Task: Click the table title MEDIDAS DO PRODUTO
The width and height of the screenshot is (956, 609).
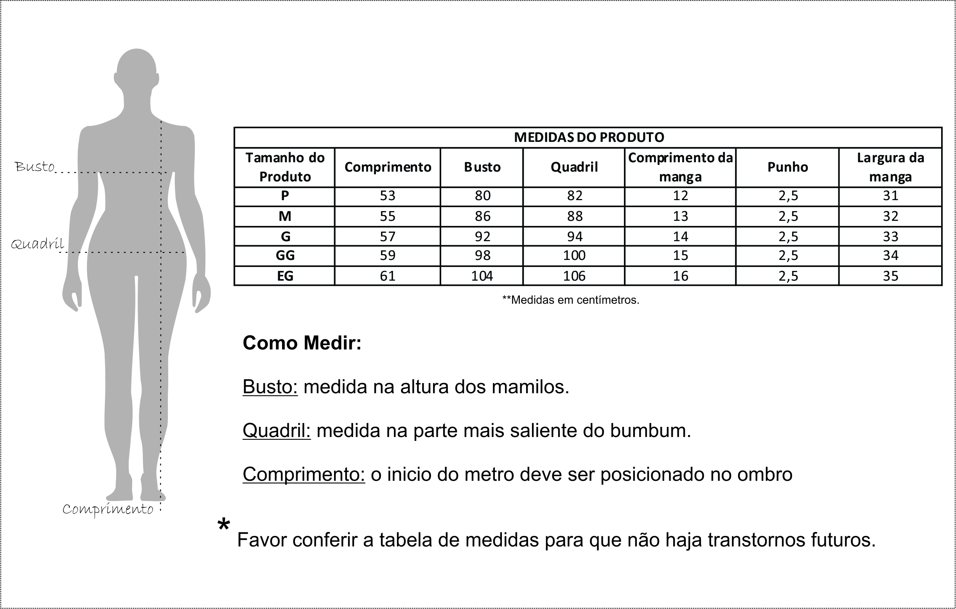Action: [589, 137]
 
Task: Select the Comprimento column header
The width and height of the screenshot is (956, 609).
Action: [388, 167]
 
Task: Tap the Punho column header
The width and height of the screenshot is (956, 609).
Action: [788, 167]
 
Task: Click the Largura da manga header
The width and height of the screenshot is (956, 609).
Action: [891, 167]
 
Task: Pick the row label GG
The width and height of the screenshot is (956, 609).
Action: [285, 255]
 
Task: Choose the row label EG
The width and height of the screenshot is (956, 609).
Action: [285, 276]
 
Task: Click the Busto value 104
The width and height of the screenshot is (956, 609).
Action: [482, 276]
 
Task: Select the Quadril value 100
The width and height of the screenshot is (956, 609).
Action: [574, 255]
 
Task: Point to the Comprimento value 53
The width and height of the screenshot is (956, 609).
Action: [388, 195]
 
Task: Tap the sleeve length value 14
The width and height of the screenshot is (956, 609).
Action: [681, 236]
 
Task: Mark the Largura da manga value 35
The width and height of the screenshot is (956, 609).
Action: [891, 276]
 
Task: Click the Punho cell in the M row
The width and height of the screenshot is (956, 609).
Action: [788, 216]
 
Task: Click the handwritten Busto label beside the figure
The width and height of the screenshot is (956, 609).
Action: [34, 167]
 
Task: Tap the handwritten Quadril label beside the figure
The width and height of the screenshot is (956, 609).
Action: [37, 244]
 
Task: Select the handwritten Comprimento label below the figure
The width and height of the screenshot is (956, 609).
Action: [108, 509]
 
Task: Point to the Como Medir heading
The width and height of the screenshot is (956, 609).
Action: [302, 343]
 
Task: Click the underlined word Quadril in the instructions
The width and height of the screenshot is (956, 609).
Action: [276, 430]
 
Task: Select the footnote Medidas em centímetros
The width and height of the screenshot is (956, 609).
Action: [571, 300]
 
